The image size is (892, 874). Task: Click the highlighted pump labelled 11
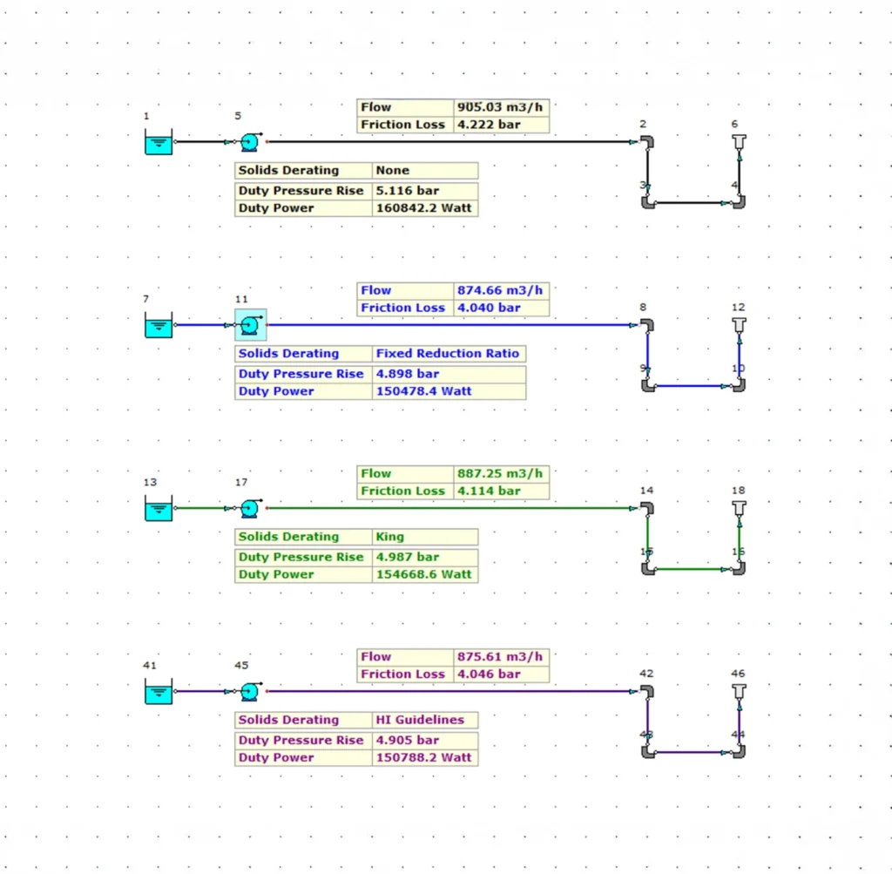tap(251, 324)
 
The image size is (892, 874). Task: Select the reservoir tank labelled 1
tap(158, 141)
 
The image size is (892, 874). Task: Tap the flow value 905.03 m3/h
tap(501, 107)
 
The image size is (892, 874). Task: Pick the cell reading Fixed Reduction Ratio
tap(448, 354)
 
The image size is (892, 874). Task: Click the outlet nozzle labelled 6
tap(739, 142)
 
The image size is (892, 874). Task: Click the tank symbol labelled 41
tap(158, 692)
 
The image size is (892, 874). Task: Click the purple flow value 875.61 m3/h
tap(501, 657)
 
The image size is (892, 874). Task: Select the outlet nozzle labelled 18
tap(739, 508)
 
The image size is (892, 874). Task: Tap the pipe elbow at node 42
tap(646, 691)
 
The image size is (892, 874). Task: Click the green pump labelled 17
tap(251, 507)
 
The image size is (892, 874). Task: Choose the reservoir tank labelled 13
tap(158, 509)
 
